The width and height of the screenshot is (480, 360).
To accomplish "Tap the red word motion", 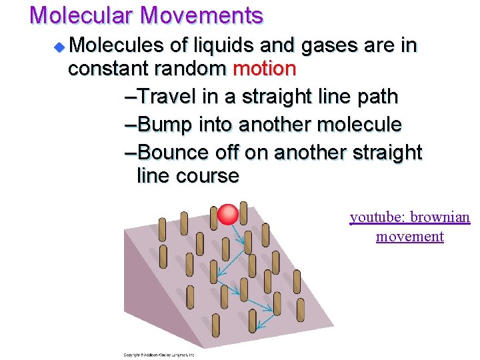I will click(263, 69).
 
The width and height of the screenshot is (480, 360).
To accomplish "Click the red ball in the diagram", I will click(228, 214).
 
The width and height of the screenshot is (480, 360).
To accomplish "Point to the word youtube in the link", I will click(377, 217).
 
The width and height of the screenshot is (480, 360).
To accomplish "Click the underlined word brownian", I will click(440, 217).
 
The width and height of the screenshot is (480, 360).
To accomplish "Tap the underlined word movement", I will click(409, 236).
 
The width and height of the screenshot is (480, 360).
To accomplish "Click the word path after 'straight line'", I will click(376, 97).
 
